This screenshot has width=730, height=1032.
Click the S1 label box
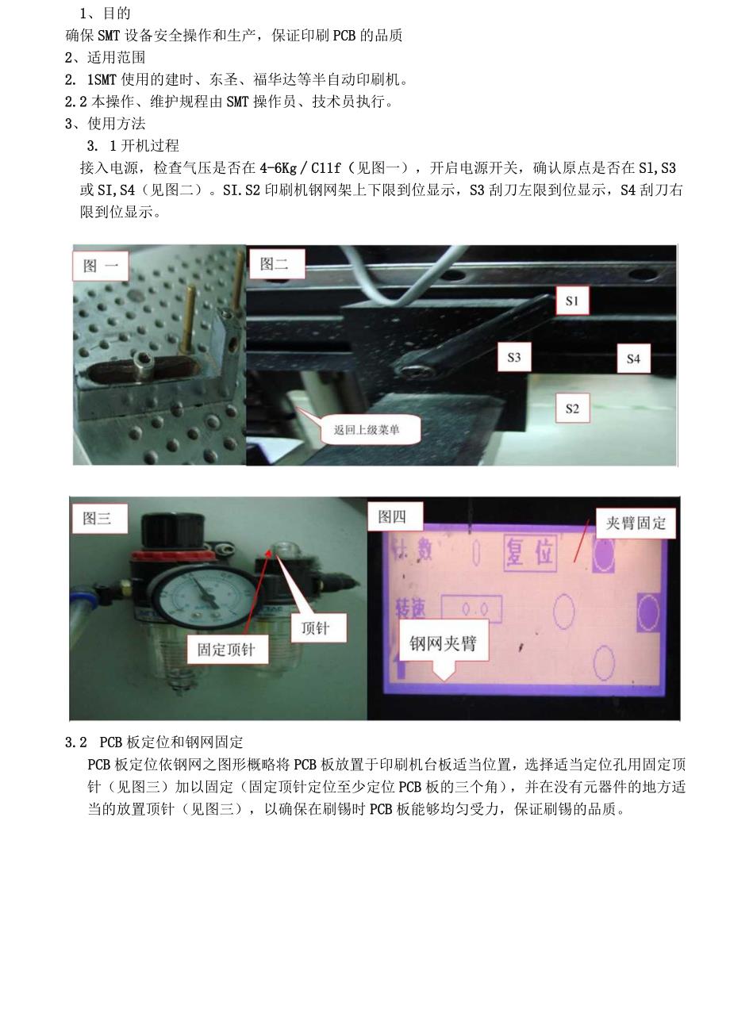click(x=573, y=301)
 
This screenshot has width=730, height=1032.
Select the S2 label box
click(x=572, y=409)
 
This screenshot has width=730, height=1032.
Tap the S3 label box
click(x=514, y=358)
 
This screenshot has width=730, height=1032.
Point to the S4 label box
click(x=632, y=359)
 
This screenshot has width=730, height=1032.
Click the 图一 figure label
click(x=100, y=267)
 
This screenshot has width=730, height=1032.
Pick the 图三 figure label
click(x=98, y=518)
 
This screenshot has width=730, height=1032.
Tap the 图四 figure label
click(x=393, y=517)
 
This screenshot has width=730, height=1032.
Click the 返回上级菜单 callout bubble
click(x=366, y=431)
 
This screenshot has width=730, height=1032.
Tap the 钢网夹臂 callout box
click(x=444, y=644)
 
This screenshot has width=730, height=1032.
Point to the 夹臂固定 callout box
click(x=636, y=524)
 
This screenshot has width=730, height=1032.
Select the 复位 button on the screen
click(x=531, y=552)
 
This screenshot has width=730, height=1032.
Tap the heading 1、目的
click(x=105, y=13)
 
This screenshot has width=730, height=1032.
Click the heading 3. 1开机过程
click(x=133, y=146)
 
